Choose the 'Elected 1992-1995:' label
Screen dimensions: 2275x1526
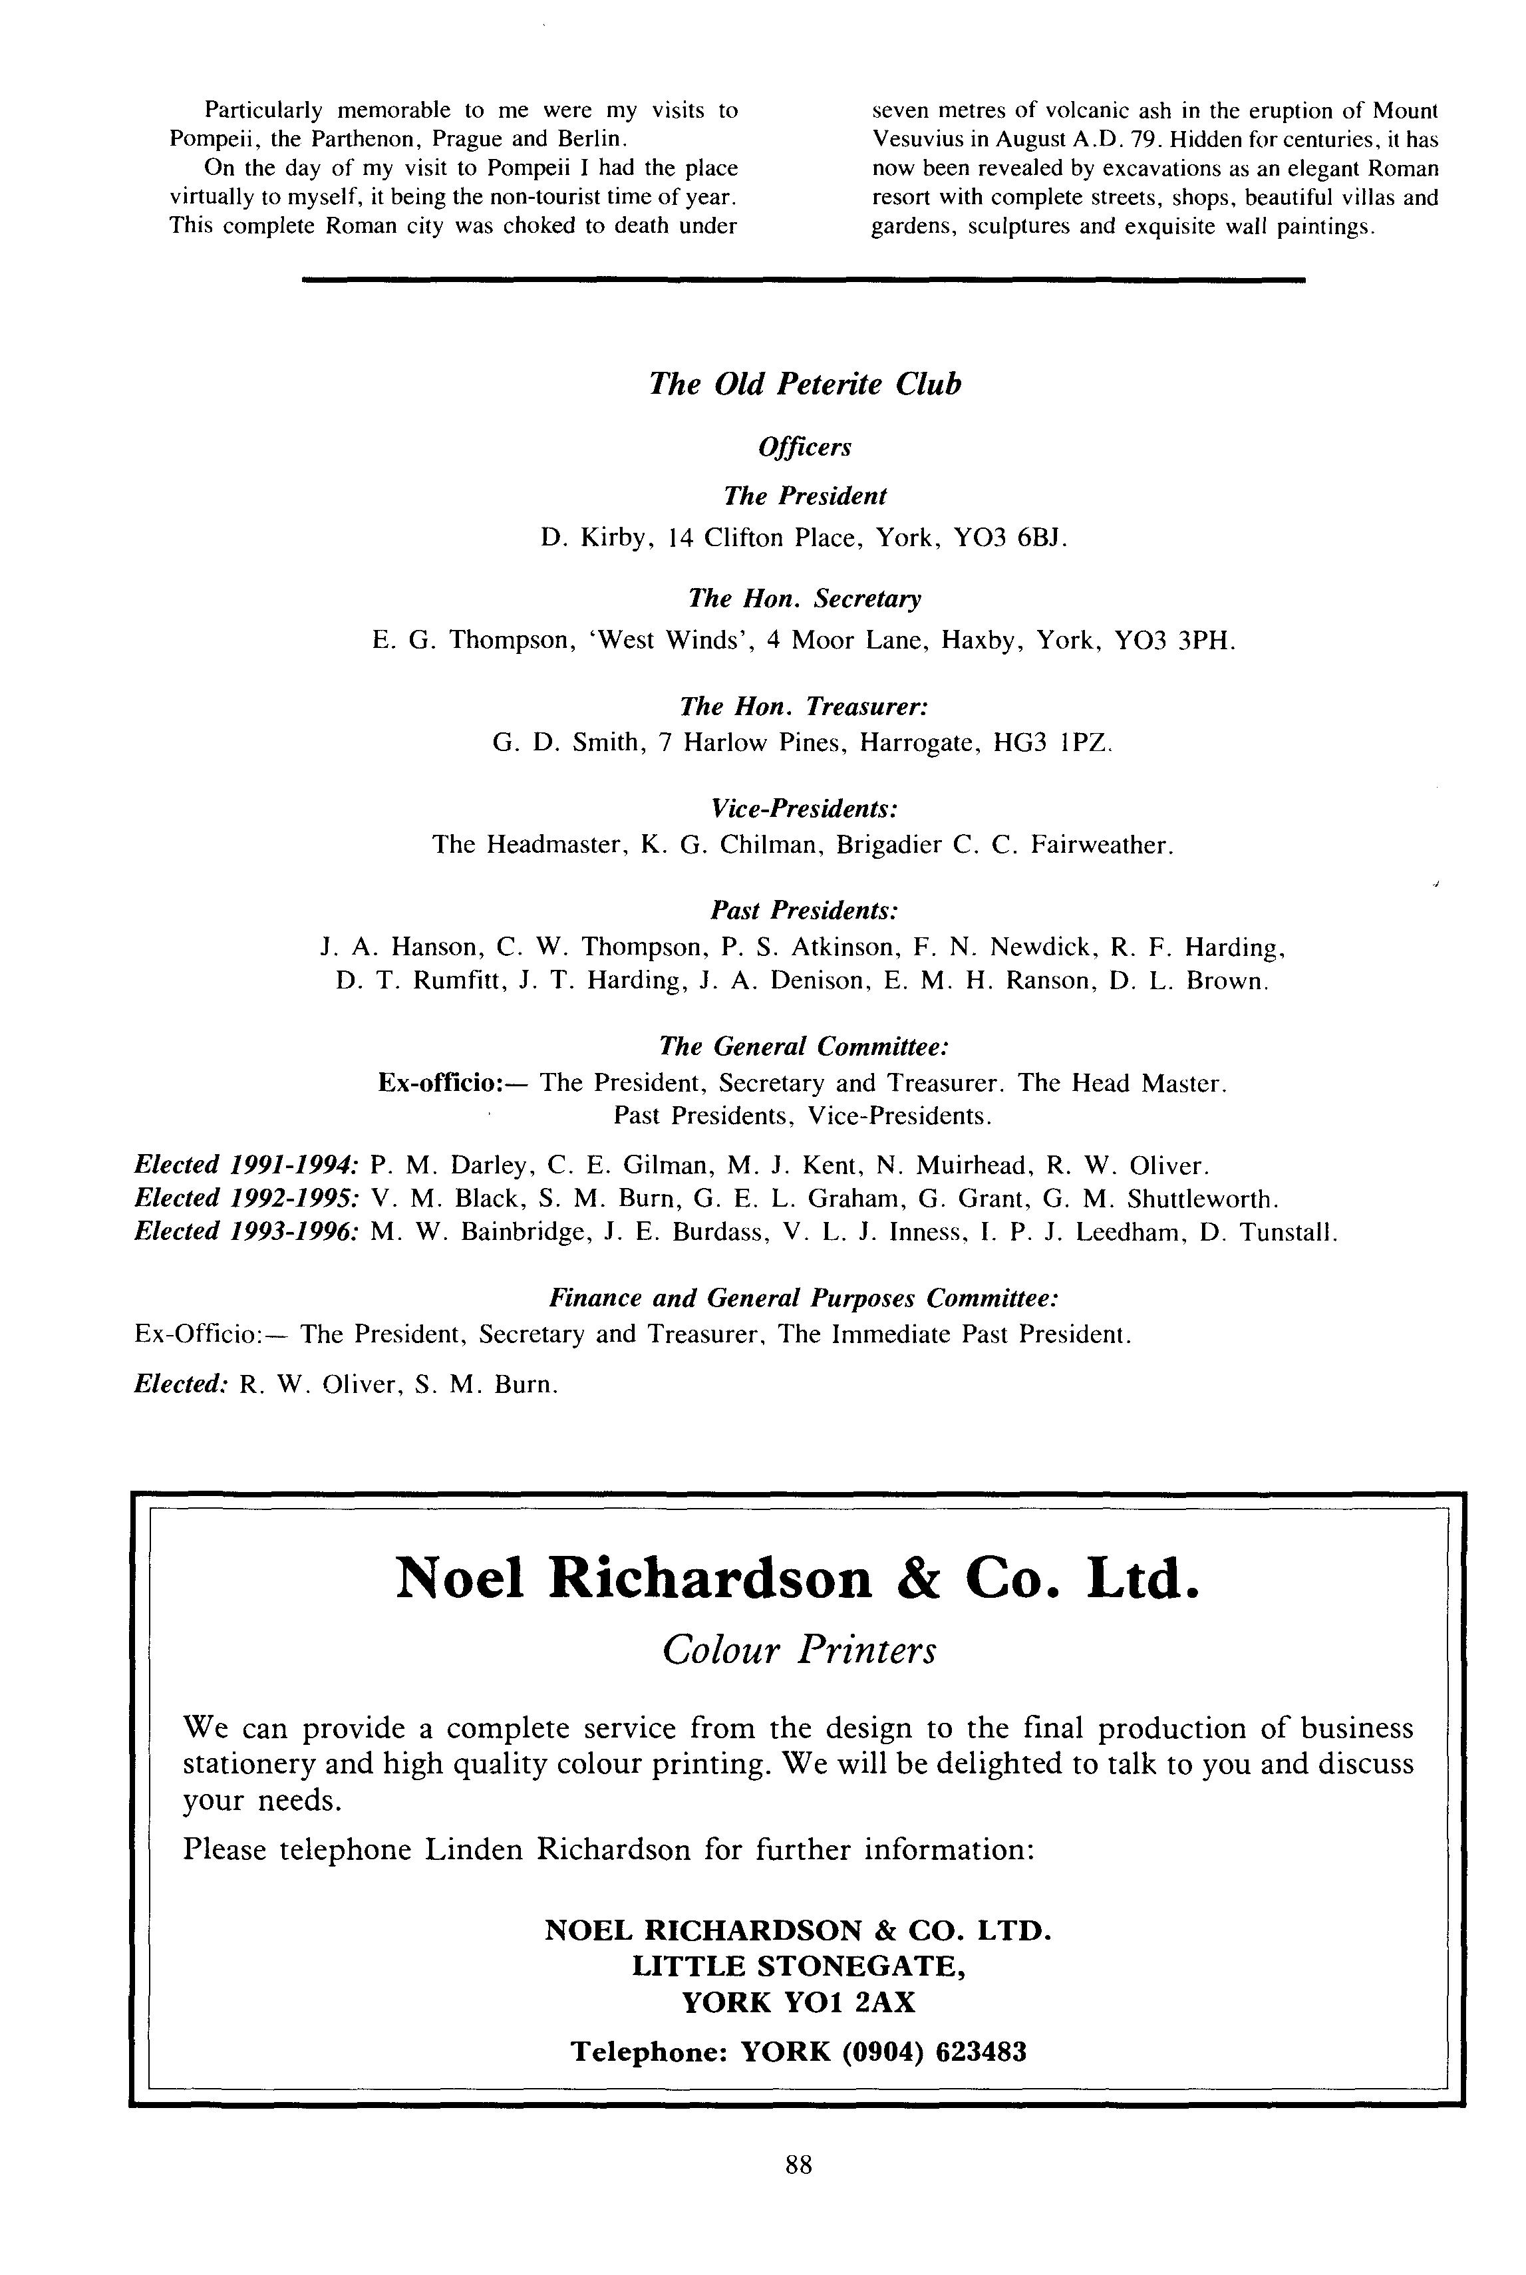[x=247, y=1199]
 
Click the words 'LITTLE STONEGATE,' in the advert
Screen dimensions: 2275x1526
[x=798, y=1966]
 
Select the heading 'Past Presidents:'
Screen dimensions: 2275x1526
[x=804, y=910]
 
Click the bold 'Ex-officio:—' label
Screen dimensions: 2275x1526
[x=452, y=1083]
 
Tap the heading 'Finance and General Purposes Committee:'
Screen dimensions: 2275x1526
[x=804, y=1298]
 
